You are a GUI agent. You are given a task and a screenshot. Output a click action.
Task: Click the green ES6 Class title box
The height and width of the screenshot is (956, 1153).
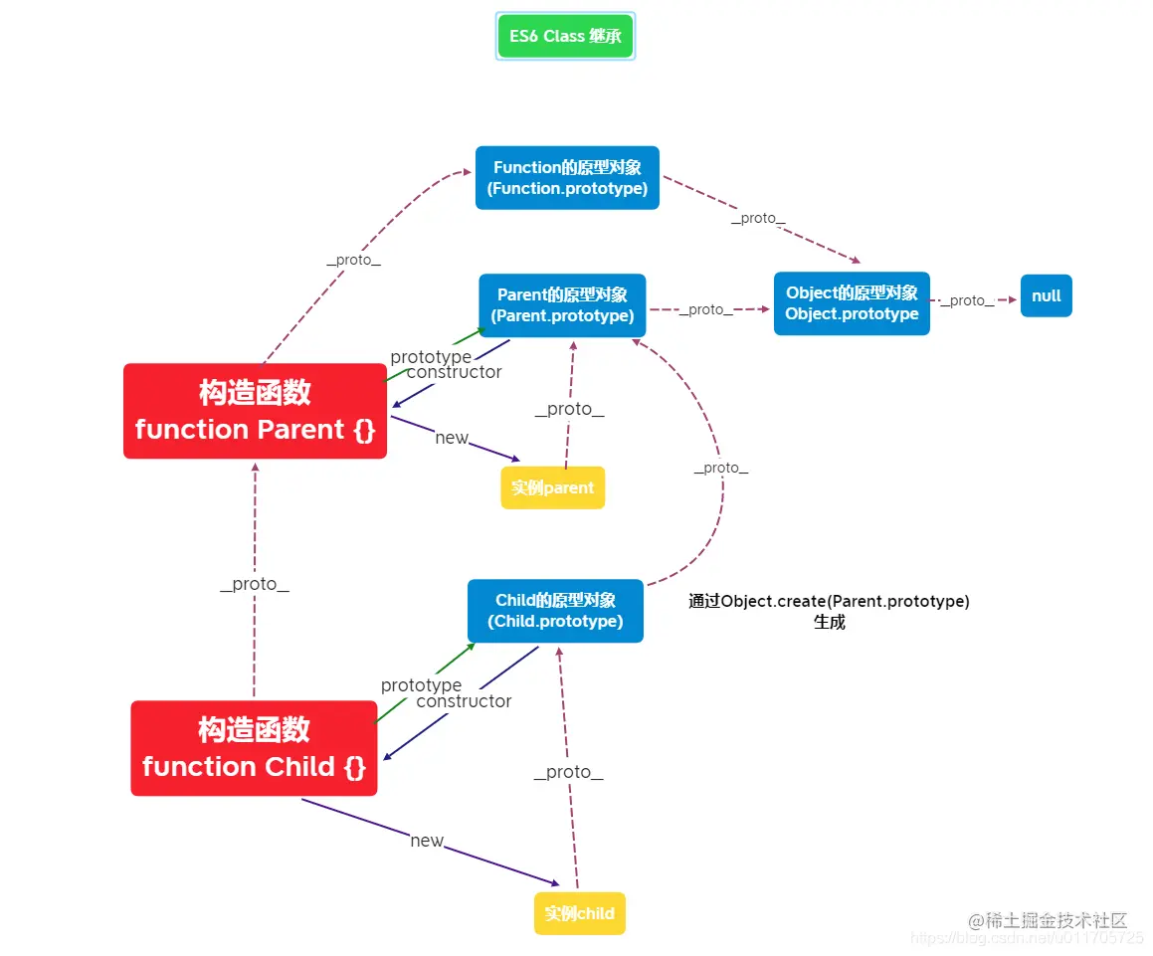(565, 37)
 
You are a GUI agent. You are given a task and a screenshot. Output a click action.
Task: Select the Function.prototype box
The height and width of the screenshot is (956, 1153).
(567, 178)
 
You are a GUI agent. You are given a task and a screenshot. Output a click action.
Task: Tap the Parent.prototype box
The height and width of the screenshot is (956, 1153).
(562, 305)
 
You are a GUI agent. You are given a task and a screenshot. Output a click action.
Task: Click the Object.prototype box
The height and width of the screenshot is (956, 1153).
(852, 303)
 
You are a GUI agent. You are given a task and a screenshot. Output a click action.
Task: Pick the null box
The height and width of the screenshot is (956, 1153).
(1046, 295)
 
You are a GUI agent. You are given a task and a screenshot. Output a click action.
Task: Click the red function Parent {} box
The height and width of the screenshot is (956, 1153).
(255, 411)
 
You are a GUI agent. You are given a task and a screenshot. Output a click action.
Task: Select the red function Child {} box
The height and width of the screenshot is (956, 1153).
(254, 748)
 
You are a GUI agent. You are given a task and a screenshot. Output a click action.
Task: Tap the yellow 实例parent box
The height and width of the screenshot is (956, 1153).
(552, 487)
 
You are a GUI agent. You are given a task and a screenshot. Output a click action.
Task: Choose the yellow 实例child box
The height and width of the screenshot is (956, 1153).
(579, 913)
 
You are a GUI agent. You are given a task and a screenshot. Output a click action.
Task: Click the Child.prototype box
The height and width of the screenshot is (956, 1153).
(555, 611)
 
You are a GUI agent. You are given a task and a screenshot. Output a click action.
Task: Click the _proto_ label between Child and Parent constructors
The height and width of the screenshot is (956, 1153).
(255, 584)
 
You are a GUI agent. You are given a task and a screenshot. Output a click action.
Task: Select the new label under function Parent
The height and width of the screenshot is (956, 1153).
(452, 438)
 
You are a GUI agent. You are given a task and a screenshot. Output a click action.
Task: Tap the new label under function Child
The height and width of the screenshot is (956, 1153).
(427, 841)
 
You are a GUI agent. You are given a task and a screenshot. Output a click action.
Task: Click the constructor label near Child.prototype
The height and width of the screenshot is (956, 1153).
(464, 701)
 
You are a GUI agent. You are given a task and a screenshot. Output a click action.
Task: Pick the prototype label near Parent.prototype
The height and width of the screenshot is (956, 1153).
(431, 356)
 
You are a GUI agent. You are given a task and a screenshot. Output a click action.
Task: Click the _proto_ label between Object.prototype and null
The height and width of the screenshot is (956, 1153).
(967, 300)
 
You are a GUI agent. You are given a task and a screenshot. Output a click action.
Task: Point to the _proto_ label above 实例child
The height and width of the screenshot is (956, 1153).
(568, 772)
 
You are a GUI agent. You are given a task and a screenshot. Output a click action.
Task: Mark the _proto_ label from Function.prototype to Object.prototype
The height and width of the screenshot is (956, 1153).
(758, 218)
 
